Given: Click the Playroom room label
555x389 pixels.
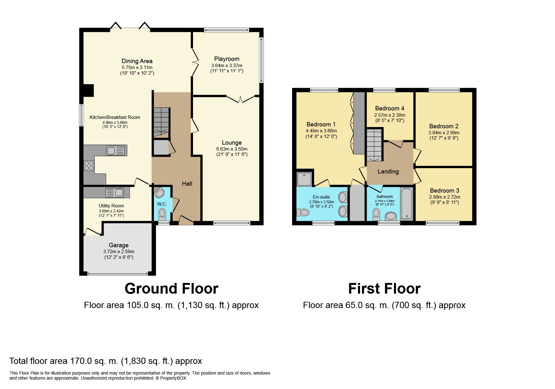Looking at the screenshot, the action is click(x=227, y=59).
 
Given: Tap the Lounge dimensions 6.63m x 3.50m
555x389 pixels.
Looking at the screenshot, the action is click(x=232, y=149).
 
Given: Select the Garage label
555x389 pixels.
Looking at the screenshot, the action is click(x=118, y=245).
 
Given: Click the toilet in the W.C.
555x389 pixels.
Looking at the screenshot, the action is click(x=162, y=213).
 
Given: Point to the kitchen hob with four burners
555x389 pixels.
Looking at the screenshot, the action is click(x=89, y=165).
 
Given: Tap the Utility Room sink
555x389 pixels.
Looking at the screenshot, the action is click(x=114, y=193).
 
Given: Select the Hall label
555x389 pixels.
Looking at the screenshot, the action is click(x=187, y=184).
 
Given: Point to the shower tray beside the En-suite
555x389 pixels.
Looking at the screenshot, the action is click(x=304, y=179).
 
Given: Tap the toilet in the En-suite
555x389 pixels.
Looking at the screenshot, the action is click(x=303, y=213).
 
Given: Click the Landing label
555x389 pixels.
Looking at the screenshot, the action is click(x=388, y=172).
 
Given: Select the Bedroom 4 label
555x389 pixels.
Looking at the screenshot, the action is click(x=390, y=109).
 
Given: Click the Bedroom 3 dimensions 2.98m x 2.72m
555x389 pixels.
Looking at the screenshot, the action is click(x=444, y=197).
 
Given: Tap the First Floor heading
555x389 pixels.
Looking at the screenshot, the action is click(x=384, y=289).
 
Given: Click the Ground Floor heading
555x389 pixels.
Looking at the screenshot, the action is click(x=171, y=289).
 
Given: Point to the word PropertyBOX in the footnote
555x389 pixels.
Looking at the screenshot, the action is click(x=173, y=378).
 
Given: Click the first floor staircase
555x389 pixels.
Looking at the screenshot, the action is click(x=375, y=146).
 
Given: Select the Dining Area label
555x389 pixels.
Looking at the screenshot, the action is click(x=137, y=61).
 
